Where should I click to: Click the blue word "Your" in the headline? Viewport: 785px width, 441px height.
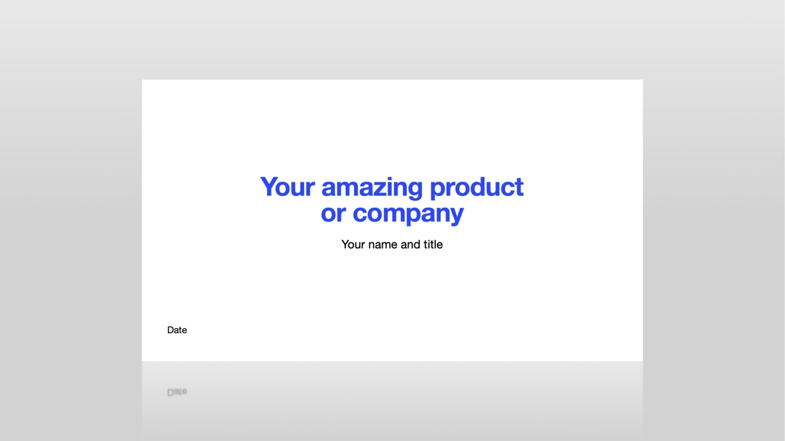288,187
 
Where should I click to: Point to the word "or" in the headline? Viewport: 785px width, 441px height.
333,214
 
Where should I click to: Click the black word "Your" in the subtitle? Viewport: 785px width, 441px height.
353,244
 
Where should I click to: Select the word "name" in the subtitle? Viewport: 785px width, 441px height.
383,244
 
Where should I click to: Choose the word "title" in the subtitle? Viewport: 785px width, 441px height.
433,244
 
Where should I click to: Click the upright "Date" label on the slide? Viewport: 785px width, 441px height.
177,330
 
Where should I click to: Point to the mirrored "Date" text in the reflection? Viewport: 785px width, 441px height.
177,392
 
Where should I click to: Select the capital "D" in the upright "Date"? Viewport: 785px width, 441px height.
171,330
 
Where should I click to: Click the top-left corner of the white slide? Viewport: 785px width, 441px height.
143,80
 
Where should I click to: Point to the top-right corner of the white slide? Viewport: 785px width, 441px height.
642,80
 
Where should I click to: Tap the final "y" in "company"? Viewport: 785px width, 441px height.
456,216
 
